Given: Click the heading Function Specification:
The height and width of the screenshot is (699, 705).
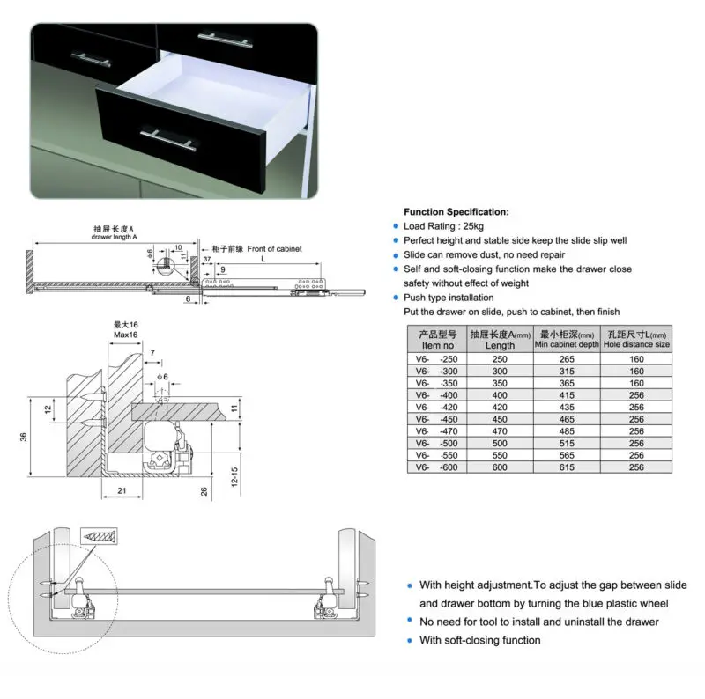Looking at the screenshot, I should pos(456,212).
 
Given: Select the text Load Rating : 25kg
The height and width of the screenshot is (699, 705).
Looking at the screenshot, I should pos(443,226).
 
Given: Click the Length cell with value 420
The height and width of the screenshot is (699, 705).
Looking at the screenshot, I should pos(500,408).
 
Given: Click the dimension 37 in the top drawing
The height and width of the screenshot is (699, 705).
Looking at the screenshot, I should pos(205,261).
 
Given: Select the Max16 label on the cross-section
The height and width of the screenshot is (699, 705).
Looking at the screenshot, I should pos(127,336).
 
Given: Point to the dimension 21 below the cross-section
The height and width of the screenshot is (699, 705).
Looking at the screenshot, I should pos(122,491).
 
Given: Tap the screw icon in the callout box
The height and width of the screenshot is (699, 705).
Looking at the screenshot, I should pos(97,534).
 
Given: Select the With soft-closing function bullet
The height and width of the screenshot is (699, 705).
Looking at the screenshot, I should pos(479,640).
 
